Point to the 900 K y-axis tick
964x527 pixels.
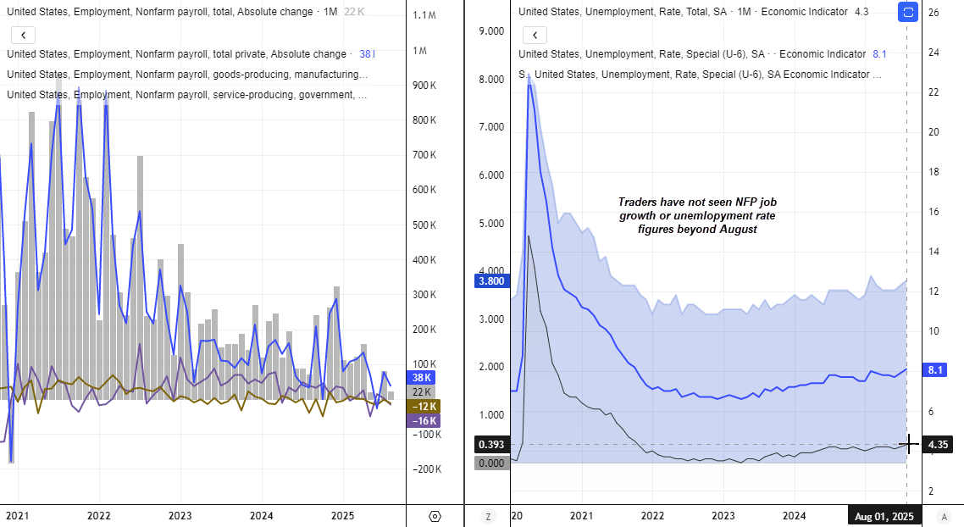tap(424, 86)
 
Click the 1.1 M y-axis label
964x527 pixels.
tap(424, 15)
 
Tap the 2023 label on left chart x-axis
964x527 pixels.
tap(180, 516)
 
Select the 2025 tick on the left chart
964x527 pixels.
tap(342, 516)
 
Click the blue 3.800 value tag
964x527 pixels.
tap(491, 281)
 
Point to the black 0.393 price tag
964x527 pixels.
tap(491, 445)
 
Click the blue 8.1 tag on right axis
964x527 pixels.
tap(937, 370)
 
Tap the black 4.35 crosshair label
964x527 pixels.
tap(938, 444)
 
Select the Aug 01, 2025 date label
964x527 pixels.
tap(884, 516)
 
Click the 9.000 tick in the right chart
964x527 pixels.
tap(491, 31)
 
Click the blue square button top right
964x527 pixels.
tap(907, 13)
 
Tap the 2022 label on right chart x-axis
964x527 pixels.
tap(652, 516)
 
